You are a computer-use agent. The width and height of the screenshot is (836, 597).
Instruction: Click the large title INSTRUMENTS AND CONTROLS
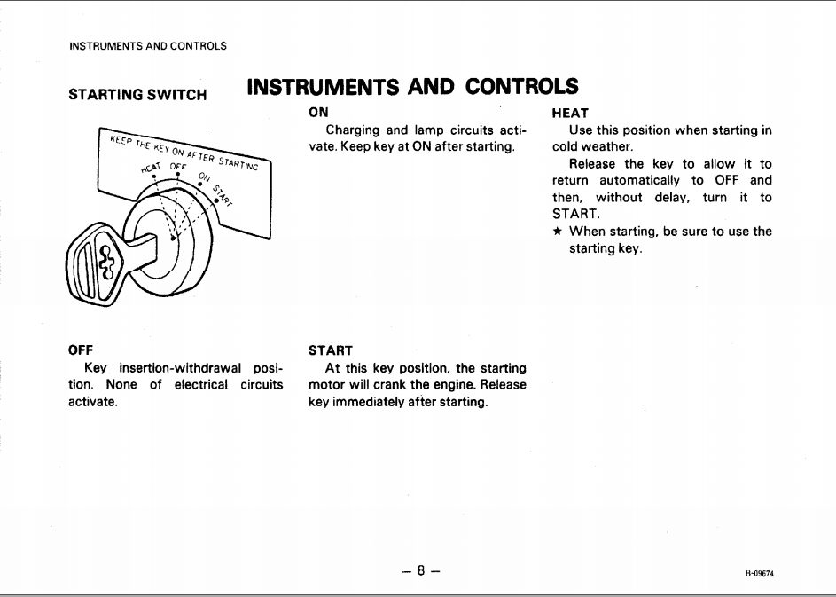[x=412, y=87]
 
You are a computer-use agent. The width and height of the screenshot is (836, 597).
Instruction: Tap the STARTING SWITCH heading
[x=137, y=94]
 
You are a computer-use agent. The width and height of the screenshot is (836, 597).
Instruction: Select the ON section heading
[x=318, y=113]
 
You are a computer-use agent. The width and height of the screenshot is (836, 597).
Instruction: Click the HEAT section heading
[x=569, y=113]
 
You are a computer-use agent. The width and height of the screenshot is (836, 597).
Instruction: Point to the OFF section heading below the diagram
[x=81, y=350]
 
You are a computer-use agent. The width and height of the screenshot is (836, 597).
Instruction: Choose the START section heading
[x=330, y=350]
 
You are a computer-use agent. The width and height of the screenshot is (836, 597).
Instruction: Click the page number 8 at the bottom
[x=421, y=570]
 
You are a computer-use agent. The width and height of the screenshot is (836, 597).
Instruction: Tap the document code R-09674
[x=760, y=573]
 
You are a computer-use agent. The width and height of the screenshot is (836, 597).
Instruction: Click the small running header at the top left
[x=147, y=46]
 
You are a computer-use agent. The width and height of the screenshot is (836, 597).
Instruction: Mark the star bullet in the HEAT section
[x=557, y=232]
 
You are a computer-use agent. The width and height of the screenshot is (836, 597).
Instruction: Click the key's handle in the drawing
[x=92, y=262]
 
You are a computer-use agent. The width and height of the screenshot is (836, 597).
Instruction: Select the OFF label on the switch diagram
[x=178, y=166]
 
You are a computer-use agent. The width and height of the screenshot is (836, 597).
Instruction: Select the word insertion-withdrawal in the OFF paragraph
[x=180, y=367]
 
